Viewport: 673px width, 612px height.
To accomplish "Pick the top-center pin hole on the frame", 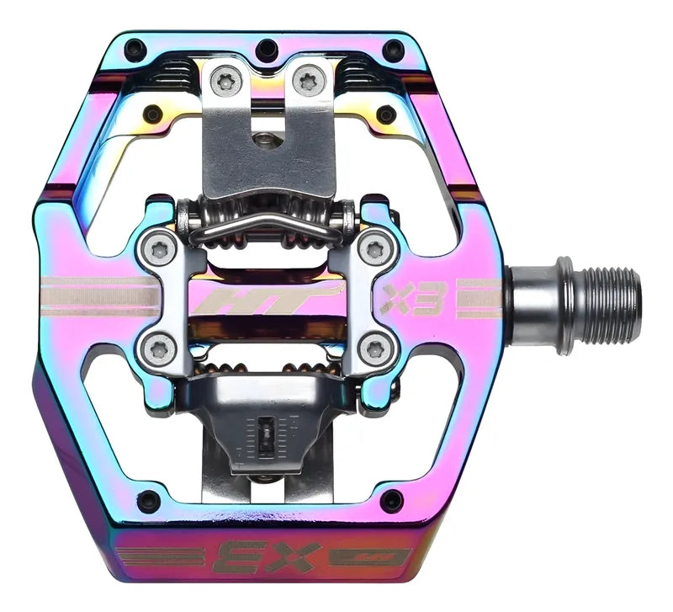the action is tap(267, 46).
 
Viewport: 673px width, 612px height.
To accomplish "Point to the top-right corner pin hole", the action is tap(393, 46).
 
